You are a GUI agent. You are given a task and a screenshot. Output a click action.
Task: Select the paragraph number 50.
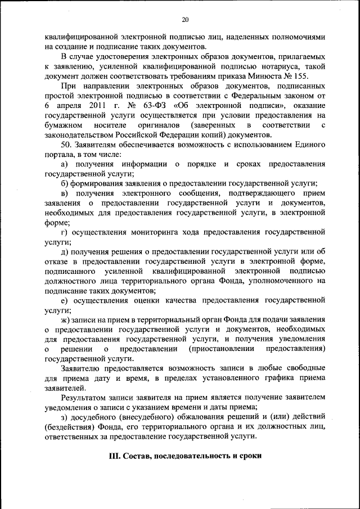(x=66, y=145)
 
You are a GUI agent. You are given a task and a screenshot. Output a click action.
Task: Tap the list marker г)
(x=65, y=232)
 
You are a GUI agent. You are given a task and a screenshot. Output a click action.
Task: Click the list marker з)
(x=64, y=417)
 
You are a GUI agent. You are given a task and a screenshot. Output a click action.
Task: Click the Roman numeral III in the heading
(x=115, y=456)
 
